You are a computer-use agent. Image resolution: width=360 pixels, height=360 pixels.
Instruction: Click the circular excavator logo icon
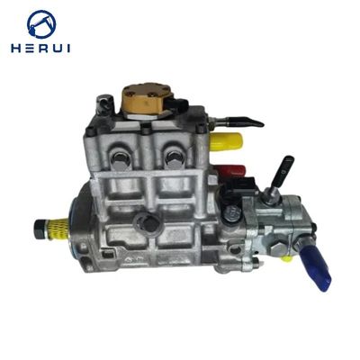click(41, 24)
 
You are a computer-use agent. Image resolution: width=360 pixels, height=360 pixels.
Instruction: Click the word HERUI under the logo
click(40, 49)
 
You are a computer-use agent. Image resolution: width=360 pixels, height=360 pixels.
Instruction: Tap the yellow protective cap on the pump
click(226, 141)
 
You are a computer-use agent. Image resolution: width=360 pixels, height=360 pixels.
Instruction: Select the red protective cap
click(231, 172)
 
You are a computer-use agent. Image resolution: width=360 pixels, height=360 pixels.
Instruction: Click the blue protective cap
click(316, 267)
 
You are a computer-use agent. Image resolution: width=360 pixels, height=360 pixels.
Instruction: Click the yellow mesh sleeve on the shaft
click(55, 228)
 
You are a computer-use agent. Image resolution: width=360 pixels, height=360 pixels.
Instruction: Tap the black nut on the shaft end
click(40, 229)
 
